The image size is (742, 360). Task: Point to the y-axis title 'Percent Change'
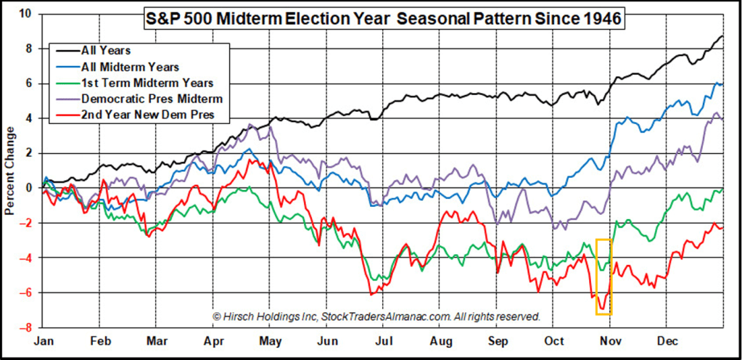pos(11,171)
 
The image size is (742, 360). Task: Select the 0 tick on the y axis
pos(29,188)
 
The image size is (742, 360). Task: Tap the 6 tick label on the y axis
pos(29,83)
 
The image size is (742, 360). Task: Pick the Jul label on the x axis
pos(384,340)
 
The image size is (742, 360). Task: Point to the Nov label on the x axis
pos(611,340)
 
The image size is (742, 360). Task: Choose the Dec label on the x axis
pos(667,340)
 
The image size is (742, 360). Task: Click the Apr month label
pos(214,340)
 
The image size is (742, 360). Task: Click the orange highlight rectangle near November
pos(603,277)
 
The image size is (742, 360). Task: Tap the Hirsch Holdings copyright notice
pos(376,316)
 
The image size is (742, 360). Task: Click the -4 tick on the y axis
pos(26,258)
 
